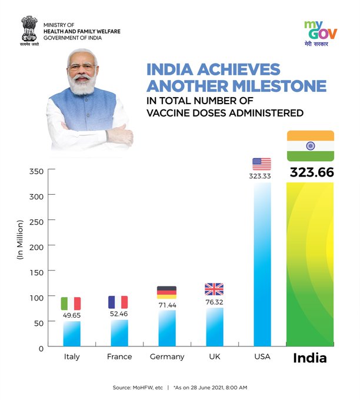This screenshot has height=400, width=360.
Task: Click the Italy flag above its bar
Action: pos(71,304)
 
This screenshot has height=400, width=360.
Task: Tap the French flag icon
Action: pos(118,302)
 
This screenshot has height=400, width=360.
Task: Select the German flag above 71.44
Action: pos(166,292)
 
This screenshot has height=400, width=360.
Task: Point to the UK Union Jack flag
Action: pos(214,289)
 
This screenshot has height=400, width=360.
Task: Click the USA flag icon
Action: pos(262,164)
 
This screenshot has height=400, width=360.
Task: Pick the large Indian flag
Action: pos(311,146)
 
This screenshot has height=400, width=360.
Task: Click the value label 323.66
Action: pos(311,173)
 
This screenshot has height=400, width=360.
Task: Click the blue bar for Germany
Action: pos(166,328)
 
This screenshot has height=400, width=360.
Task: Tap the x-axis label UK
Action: pos(214,357)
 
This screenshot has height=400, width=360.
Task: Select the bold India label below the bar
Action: pos(310,358)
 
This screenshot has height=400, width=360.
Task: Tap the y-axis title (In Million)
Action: pos(19,238)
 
